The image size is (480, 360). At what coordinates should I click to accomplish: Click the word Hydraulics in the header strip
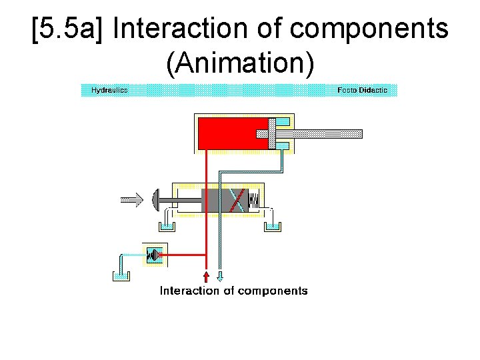click(109, 90)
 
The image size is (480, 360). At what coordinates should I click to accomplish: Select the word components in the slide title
click(371, 29)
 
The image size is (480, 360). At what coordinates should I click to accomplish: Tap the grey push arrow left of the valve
click(132, 199)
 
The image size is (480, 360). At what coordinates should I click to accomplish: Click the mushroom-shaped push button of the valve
click(157, 199)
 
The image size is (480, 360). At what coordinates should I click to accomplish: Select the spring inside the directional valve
click(255, 199)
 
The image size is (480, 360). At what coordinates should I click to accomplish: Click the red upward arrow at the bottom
click(206, 275)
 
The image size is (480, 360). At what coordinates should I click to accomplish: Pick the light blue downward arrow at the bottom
click(221, 275)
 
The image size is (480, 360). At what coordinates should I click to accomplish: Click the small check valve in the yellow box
click(155, 255)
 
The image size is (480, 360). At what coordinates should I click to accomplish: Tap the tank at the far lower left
click(120, 275)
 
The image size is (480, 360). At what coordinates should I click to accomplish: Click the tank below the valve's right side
click(273, 226)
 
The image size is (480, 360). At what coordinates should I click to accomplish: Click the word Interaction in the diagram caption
click(189, 291)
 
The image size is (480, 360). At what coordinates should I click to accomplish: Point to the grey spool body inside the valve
click(224, 200)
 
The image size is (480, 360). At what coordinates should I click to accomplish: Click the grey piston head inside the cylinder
click(272, 133)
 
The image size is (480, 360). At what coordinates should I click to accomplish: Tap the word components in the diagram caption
click(273, 291)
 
